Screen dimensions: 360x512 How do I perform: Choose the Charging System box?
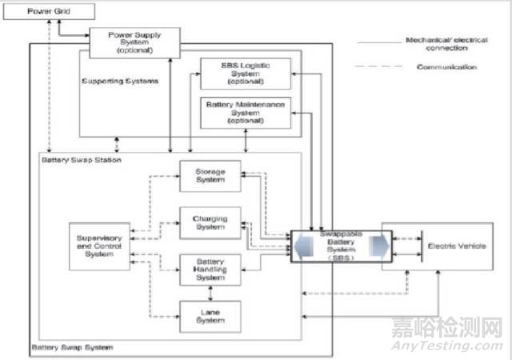pos(210,222)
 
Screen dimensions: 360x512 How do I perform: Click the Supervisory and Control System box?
pos(98,246)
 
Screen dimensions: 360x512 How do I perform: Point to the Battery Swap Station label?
pos(81,160)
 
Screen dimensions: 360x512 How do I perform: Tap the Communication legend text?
pos(446,67)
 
